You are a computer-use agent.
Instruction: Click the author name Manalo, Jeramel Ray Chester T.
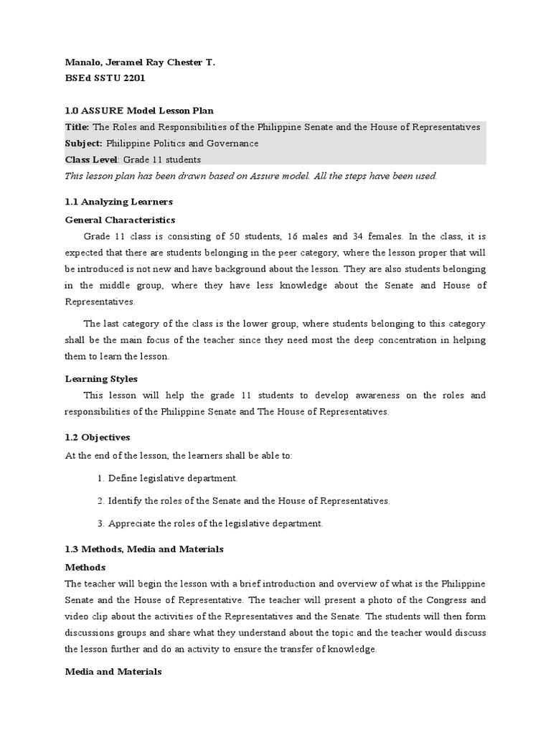coord(140,63)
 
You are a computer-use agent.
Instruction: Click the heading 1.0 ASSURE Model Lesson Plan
coord(139,111)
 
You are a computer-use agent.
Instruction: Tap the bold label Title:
coord(77,127)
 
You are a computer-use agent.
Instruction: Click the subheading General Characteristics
coord(120,220)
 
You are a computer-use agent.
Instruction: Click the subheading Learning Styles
coord(101,378)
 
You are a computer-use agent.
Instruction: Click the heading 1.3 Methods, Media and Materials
coord(144,549)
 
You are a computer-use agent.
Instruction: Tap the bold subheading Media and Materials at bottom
coord(113,672)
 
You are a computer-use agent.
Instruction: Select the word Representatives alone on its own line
coord(99,302)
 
